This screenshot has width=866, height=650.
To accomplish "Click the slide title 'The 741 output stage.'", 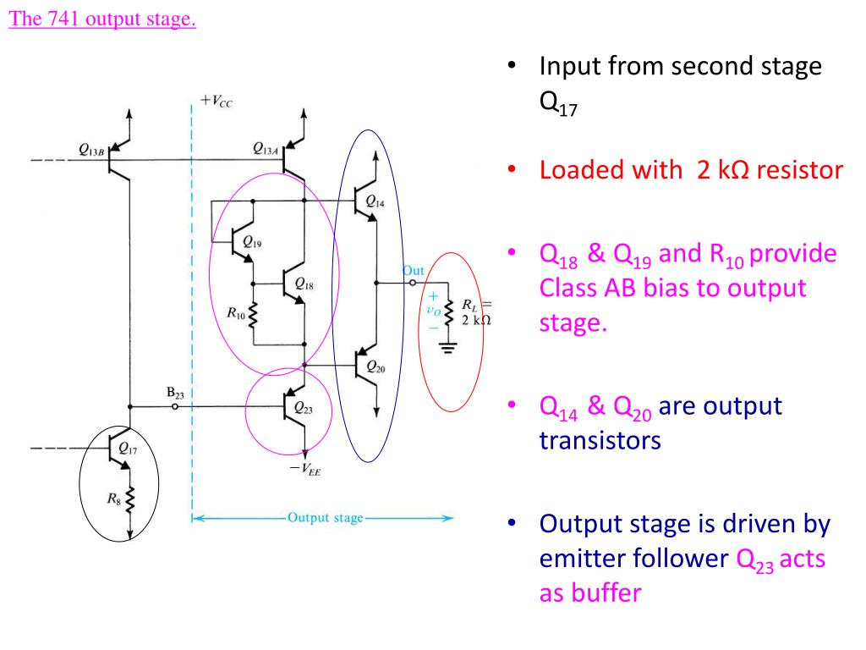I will point(102,19).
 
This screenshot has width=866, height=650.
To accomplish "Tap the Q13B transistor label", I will point(91,151).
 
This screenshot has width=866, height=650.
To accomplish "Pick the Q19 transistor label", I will point(252,242).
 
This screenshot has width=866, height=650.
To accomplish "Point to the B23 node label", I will point(176,392).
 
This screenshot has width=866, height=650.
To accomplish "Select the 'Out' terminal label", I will point(413,270).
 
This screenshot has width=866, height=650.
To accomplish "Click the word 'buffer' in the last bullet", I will point(589,592).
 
